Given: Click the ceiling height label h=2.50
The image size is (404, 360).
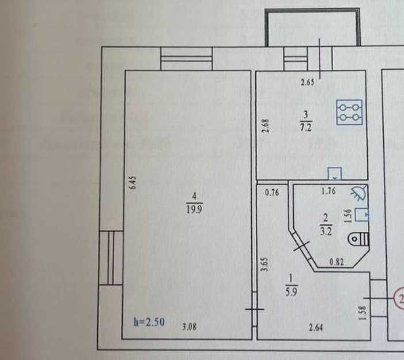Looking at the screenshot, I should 149,322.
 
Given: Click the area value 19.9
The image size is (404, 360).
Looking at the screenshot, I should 193,209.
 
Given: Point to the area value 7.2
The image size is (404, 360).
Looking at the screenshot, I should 305,129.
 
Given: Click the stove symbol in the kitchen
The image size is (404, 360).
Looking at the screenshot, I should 350,112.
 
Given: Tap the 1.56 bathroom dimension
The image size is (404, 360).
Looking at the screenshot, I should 348,215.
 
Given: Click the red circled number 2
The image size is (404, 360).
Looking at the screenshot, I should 399,298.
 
